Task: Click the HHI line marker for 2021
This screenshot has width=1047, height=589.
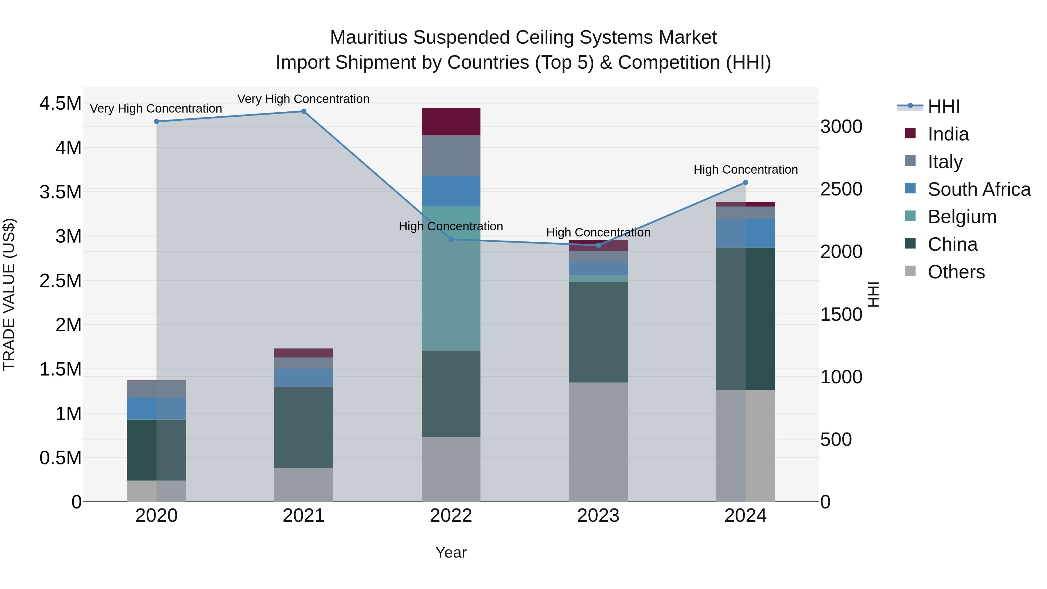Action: [x=304, y=111]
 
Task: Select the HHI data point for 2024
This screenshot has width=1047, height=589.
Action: [x=745, y=182]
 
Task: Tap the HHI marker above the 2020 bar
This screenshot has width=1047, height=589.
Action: [x=156, y=122]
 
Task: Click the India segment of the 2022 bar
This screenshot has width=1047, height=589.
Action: [x=451, y=122]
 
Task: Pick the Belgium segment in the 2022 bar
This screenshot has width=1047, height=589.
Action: [x=451, y=278]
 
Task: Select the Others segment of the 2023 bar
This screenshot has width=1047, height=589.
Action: [x=598, y=442]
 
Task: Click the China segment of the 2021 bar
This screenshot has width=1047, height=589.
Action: [x=304, y=427]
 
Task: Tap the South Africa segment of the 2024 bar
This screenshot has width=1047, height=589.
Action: [x=745, y=233]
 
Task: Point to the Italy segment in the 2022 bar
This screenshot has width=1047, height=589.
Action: [x=451, y=156]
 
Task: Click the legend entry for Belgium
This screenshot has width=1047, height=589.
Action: [x=962, y=217]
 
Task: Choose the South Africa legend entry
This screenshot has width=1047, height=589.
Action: [x=979, y=189]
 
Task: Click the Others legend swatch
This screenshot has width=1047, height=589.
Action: [x=910, y=271]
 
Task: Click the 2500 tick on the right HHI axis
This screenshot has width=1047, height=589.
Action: [x=841, y=189]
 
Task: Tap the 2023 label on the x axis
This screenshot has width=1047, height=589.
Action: [x=598, y=516]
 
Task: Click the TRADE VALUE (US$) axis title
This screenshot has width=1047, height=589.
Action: [x=9, y=294]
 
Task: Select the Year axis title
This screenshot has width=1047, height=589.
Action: [x=451, y=552]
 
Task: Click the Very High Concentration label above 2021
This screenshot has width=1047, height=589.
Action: [x=303, y=99]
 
